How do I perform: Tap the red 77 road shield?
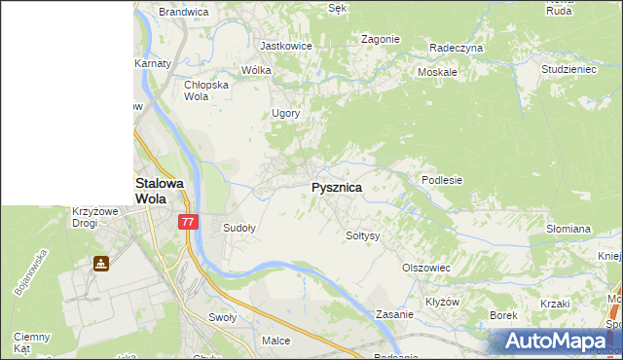(189, 222)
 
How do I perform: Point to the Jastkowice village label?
(284, 46)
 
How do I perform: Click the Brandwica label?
(184, 13)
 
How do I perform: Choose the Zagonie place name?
(381, 39)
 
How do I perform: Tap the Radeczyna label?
(457, 47)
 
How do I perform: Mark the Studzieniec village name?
(569, 70)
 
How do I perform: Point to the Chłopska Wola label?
(206, 90)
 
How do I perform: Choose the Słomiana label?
(568, 230)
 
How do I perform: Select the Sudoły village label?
(239, 229)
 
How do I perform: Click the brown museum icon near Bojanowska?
(101, 263)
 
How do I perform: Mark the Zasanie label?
(396, 315)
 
